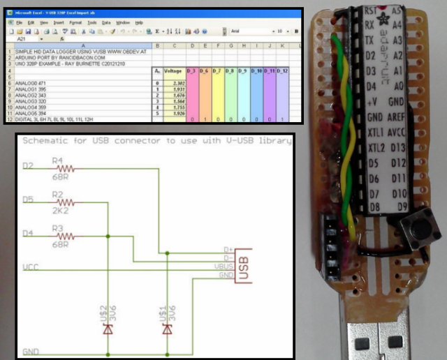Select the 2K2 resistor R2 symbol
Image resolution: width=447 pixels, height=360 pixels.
click(66, 203)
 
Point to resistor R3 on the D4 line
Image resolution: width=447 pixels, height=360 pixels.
click(66, 237)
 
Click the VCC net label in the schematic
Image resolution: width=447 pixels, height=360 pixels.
click(31, 267)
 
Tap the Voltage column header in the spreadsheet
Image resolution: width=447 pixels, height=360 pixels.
click(173, 71)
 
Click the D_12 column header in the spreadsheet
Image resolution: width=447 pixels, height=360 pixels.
click(282, 71)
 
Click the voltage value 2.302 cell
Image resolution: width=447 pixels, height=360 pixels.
click(175, 82)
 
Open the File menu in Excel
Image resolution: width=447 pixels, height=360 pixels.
click(20, 22)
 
